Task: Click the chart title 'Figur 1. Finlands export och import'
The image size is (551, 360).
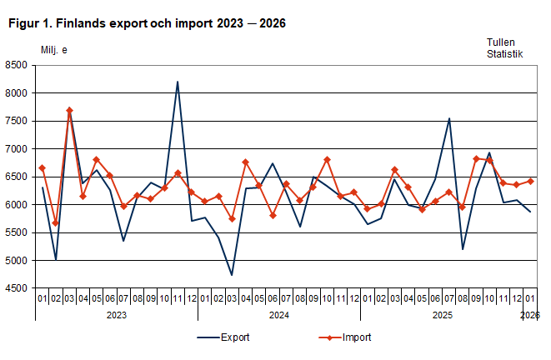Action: click(147, 23)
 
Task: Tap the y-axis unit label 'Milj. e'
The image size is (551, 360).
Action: click(54, 50)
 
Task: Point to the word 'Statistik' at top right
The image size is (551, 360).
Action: click(505, 54)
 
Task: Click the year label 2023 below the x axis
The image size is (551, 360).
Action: click(116, 315)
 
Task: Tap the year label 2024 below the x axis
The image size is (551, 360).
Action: click(278, 315)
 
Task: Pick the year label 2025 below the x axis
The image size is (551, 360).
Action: click(442, 315)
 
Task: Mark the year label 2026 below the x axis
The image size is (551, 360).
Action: click(529, 315)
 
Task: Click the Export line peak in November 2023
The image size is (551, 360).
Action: click(178, 82)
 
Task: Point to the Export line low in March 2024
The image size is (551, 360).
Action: click(232, 275)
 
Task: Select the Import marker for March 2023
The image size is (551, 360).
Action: click(69, 110)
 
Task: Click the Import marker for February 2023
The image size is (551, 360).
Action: click(56, 223)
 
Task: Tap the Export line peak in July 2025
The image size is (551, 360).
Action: click(449, 118)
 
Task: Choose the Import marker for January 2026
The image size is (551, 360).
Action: click(530, 181)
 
